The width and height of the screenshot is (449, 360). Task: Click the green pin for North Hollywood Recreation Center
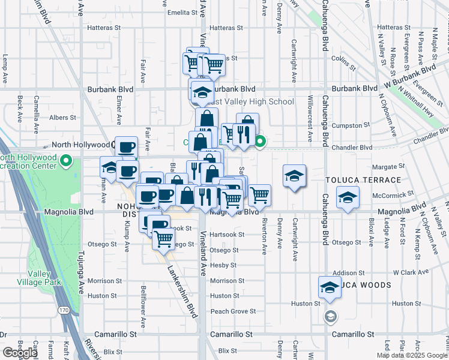[67, 161]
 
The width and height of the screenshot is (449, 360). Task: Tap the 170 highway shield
[64, 310]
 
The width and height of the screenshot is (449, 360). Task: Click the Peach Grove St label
[233, 311]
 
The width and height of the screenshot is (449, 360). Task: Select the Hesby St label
[223, 265]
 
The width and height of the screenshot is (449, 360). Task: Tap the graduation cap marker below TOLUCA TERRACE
[348, 198]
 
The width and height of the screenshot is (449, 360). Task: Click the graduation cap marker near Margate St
[294, 176]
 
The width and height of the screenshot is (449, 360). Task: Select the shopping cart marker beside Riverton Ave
[259, 194]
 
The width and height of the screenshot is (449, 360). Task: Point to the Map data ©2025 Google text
[411, 355]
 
